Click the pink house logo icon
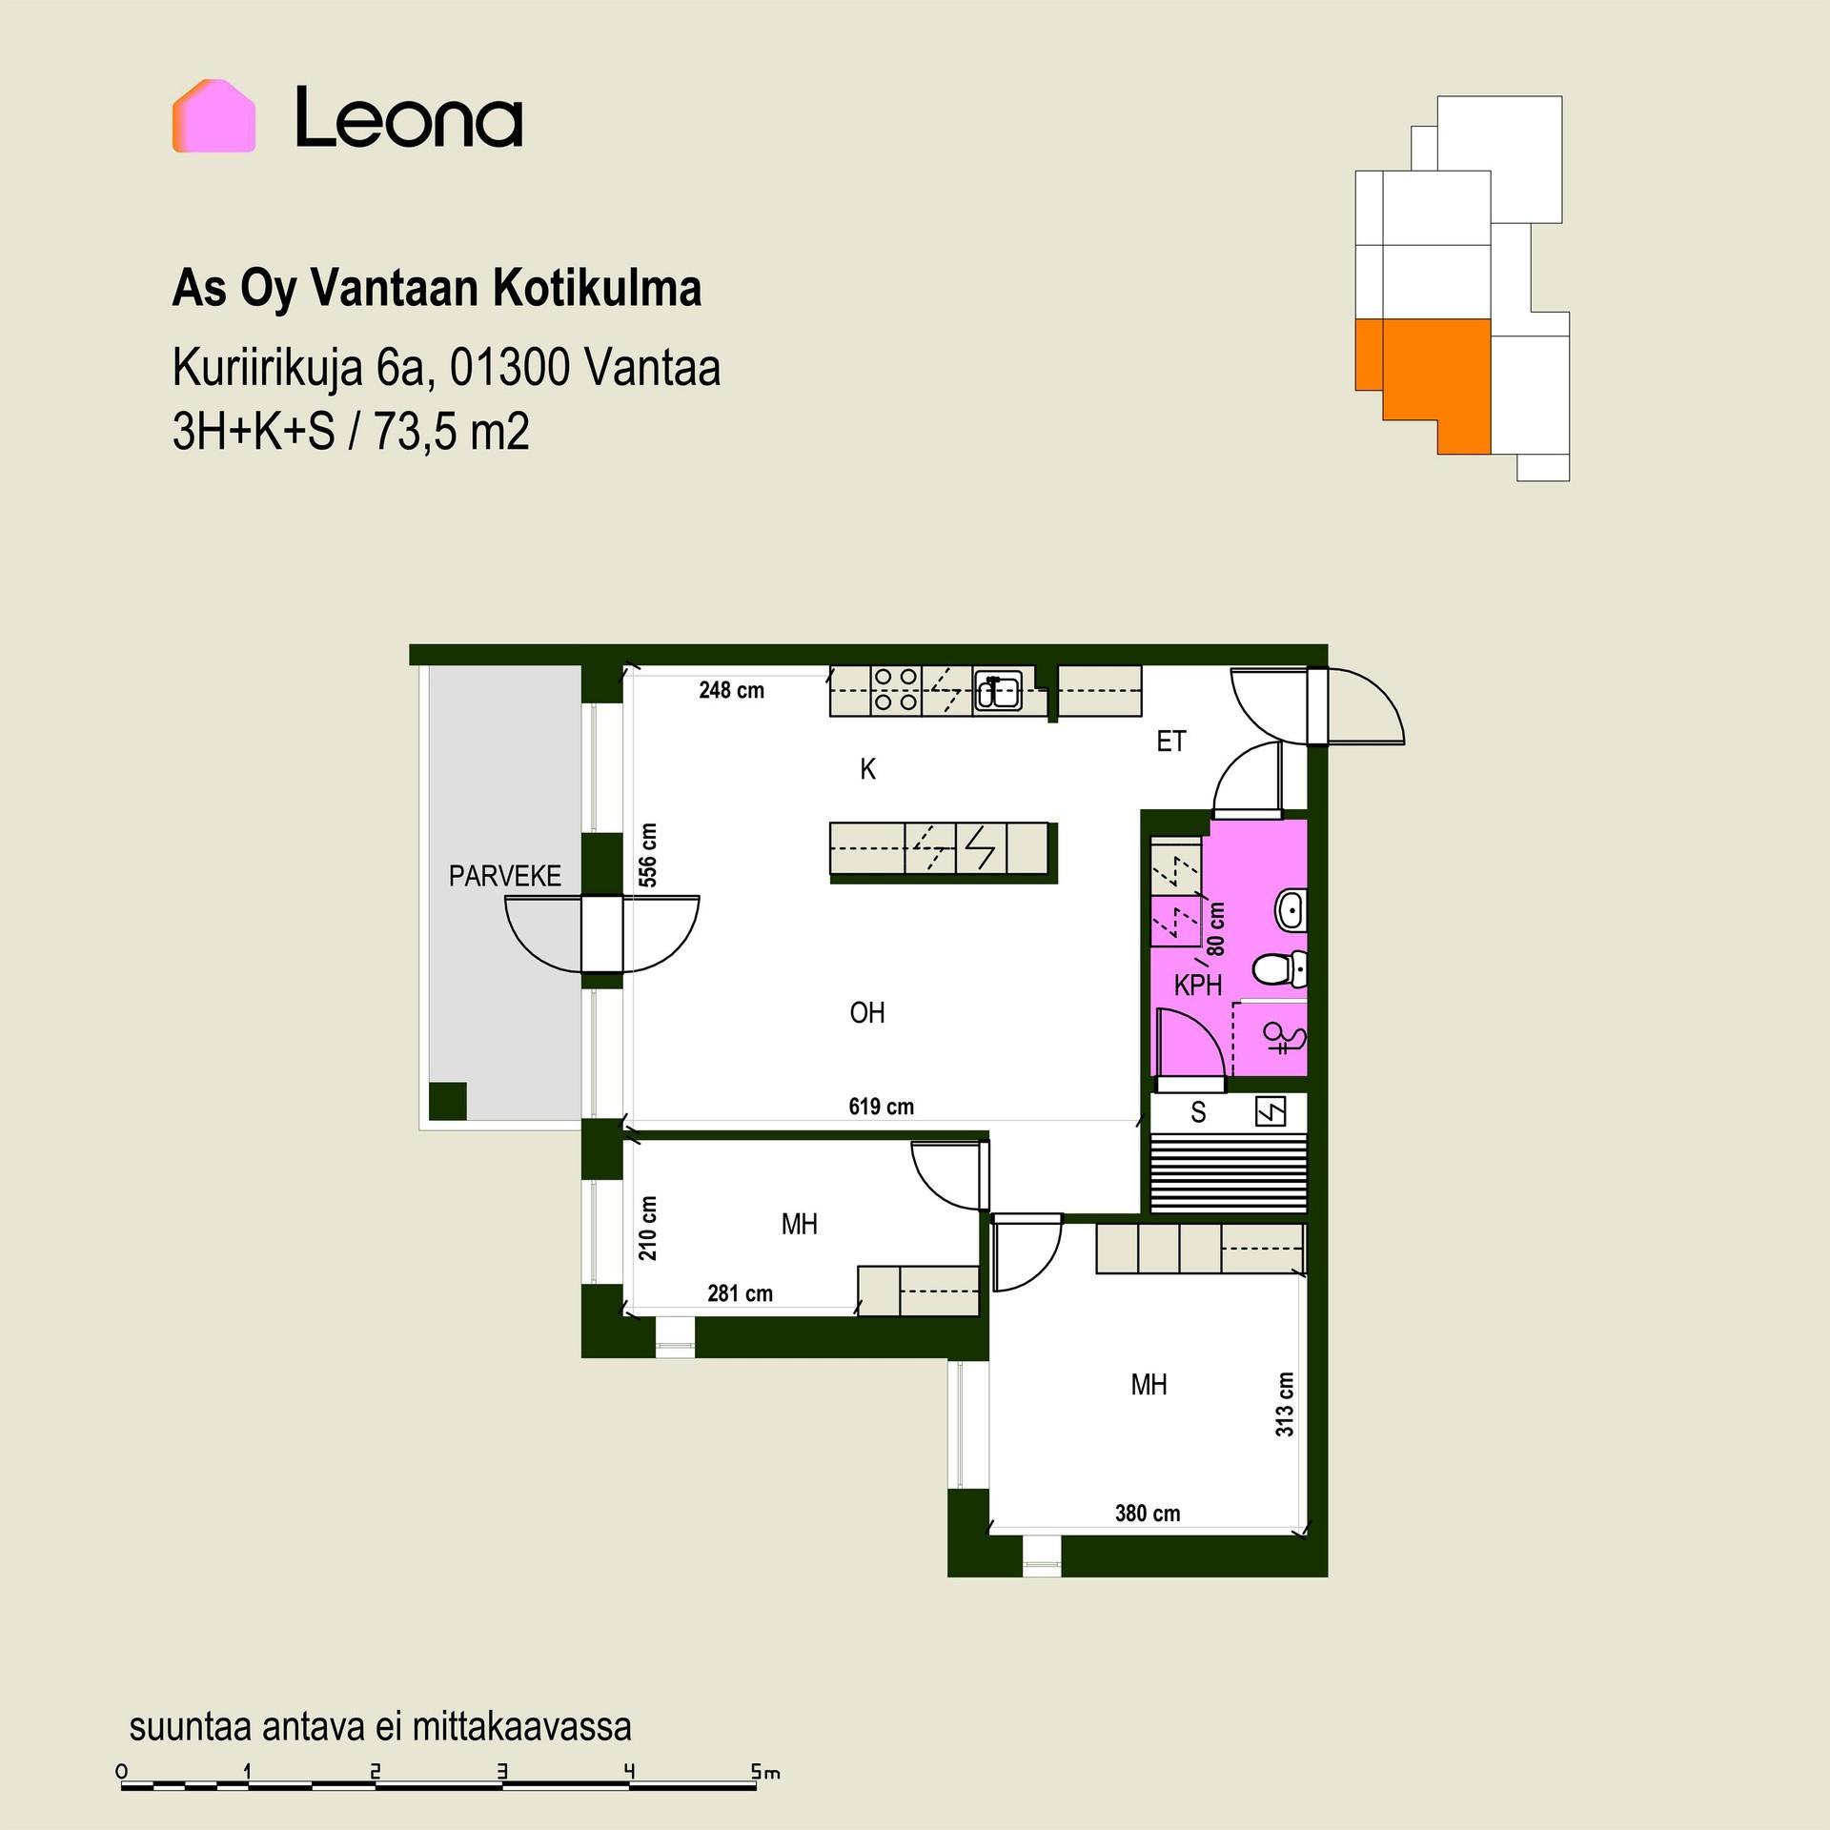click(213, 116)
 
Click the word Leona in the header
click(409, 117)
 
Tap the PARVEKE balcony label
click(505, 876)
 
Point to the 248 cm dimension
click(732, 691)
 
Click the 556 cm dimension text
click(648, 855)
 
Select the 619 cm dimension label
click(882, 1107)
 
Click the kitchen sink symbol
click(998, 690)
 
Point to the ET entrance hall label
click(1171, 741)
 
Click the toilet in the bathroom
click(1280, 970)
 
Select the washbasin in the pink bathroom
click(1291, 909)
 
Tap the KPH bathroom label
click(1198, 986)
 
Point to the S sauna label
click(1199, 1112)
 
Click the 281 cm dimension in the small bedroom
click(741, 1293)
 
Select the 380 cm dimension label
click(1148, 1514)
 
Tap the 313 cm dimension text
click(1285, 1405)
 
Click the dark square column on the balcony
click(448, 1101)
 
